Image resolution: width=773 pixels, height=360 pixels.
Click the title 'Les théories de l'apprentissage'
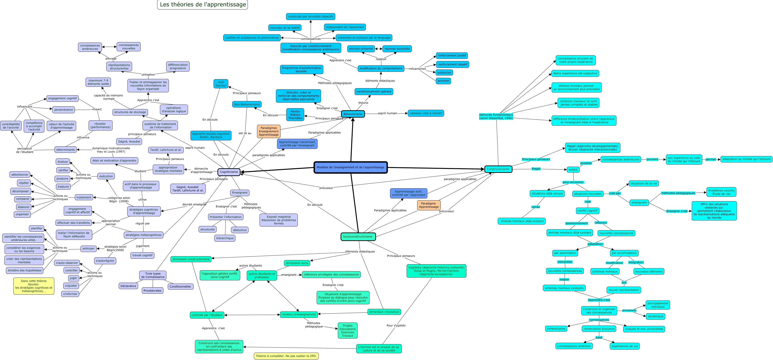[x=203, y=5]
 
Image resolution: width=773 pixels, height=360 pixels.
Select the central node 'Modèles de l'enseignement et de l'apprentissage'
[x=350, y=167]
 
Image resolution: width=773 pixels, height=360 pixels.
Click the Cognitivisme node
[x=229, y=172]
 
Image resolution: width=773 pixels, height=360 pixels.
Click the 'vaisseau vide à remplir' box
[x=426, y=113]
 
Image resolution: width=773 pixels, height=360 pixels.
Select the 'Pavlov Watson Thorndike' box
[x=295, y=115]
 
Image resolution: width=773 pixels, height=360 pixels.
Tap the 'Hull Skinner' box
[x=221, y=84]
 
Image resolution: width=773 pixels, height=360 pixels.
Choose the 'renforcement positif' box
[x=452, y=55]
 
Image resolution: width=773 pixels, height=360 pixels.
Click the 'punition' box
[x=443, y=81]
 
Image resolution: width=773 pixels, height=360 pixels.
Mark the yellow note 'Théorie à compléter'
[x=286, y=356]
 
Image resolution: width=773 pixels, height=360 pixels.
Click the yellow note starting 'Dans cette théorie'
[x=34, y=286]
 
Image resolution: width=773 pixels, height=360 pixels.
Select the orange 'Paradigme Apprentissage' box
[x=428, y=205]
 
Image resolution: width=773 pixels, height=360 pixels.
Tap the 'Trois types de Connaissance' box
[x=153, y=275]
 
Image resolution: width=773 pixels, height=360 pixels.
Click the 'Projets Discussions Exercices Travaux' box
[x=347, y=331]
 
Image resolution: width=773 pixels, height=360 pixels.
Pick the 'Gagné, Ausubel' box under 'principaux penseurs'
[x=129, y=141]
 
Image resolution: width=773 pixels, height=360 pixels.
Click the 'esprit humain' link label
[x=387, y=113]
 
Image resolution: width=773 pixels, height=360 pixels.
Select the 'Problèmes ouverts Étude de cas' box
[x=721, y=192]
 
